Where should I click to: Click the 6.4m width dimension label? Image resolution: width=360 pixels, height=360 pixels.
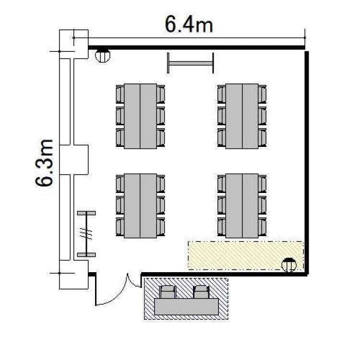tap(189, 24)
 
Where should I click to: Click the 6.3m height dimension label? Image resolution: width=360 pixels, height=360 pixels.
tap(44, 163)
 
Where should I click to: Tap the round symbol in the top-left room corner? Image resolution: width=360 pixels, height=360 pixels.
tap(103, 55)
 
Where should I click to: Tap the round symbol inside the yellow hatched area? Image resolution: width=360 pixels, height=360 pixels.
tap(289, 264)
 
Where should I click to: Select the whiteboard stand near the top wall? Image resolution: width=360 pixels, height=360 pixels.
tap(191, 63)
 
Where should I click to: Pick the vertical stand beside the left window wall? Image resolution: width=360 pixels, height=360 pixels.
tap(86, 234)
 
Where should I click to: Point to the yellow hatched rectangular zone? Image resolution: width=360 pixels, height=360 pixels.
tap(246, 255)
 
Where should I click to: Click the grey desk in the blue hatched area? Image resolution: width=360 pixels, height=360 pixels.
tap(186, 307)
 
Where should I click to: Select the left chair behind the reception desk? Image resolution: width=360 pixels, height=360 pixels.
tap(168, 292)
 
